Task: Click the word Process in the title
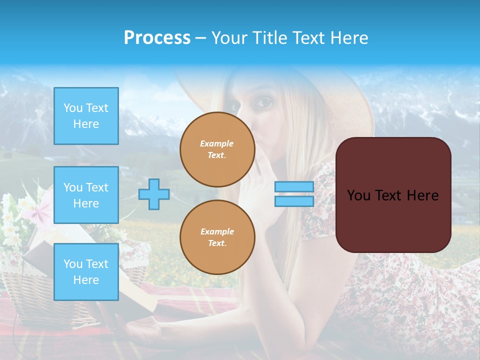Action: point(157,38)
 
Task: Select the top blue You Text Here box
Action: point(86,116)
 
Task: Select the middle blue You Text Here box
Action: point(86,195)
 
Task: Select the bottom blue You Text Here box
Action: point(86,271)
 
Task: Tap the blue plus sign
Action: point(154,194)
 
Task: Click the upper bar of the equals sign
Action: point(294,187)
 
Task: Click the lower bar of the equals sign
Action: point(294,201)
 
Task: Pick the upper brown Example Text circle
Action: point(217,149)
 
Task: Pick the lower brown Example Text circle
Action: point(217,237)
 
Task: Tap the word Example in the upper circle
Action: point(217,143)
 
